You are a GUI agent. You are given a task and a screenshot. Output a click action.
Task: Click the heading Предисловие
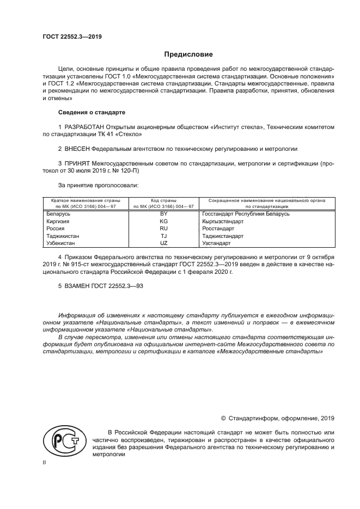point(189,54)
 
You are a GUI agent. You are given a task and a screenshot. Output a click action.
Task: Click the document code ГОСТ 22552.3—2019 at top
point(72,37)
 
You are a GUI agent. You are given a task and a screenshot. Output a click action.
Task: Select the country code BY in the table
point(163,214)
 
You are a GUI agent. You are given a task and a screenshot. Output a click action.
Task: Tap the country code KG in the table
point(163,222)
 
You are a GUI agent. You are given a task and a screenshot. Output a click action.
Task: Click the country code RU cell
point(163,229)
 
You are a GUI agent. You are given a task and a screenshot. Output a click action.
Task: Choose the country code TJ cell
point(163,236)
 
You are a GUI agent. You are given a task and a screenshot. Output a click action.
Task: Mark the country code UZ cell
point(163,243)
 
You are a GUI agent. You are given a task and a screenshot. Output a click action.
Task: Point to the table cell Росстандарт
point(218,229)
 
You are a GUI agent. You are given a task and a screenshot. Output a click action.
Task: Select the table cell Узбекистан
point(62,243)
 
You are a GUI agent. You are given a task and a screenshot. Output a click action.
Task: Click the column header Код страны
point(163,201)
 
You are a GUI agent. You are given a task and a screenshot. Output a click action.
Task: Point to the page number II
point(45,463)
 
